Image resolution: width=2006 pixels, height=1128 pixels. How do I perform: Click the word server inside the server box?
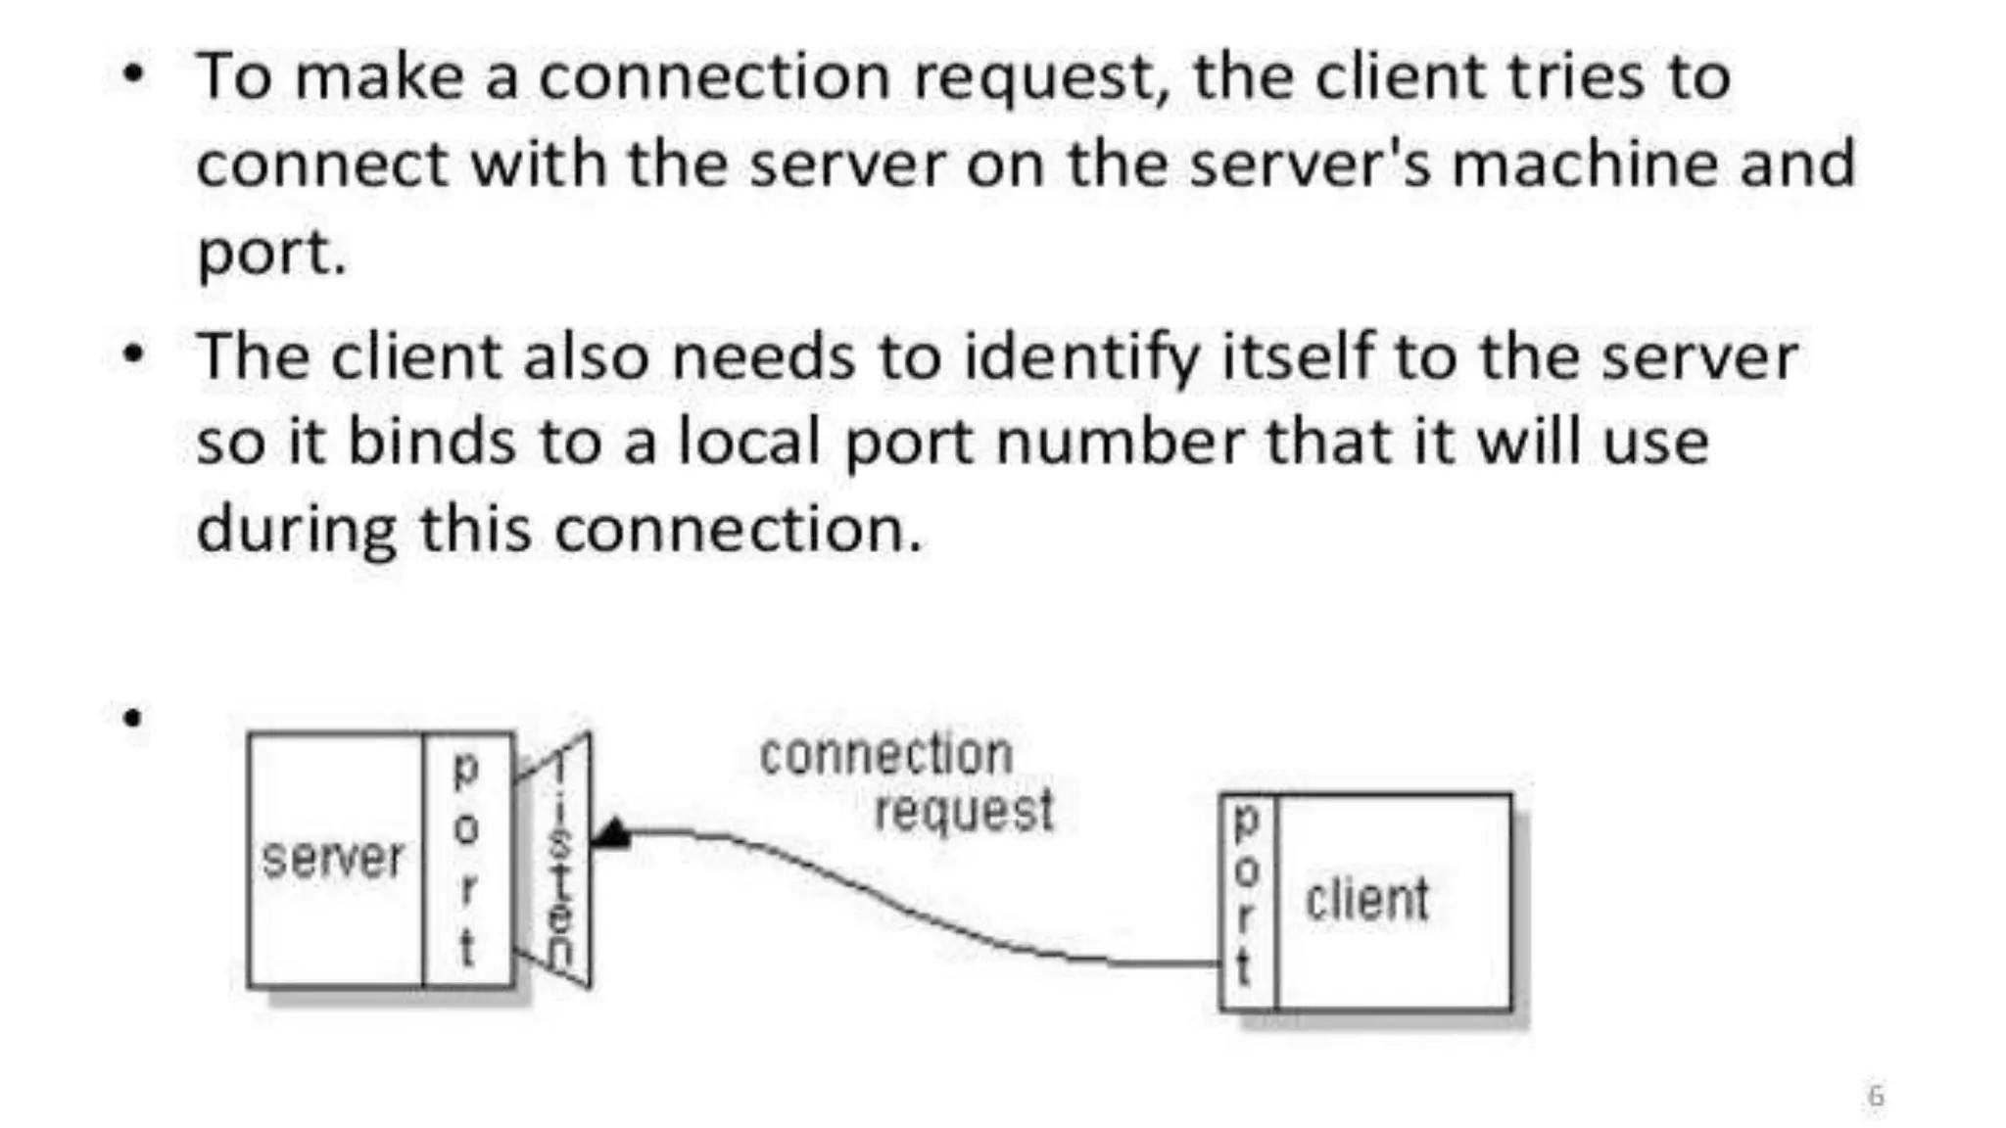[x=332, y=860]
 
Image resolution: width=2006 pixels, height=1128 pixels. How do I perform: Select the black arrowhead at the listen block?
[x=614, y=833]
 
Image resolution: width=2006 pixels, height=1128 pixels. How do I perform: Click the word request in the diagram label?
[x=964, y=811]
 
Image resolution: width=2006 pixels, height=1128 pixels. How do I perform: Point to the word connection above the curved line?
[x=885, y=755]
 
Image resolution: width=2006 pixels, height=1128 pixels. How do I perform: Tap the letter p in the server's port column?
[x=466, y=770]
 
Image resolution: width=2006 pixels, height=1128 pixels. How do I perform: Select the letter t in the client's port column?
[x=1244, y=967]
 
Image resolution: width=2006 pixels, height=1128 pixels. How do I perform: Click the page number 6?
[x=1876, y=1095]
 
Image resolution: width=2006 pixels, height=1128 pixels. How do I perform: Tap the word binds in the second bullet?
[x=431, y=442]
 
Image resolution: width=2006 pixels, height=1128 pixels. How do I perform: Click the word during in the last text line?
[x=296, y=529]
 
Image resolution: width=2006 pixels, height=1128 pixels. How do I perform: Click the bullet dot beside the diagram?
[x=132, y=718]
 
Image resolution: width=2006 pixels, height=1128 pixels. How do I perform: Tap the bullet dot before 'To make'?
[x=133, y=73]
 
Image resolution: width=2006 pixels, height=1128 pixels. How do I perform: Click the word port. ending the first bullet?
[x=271, y=253]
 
